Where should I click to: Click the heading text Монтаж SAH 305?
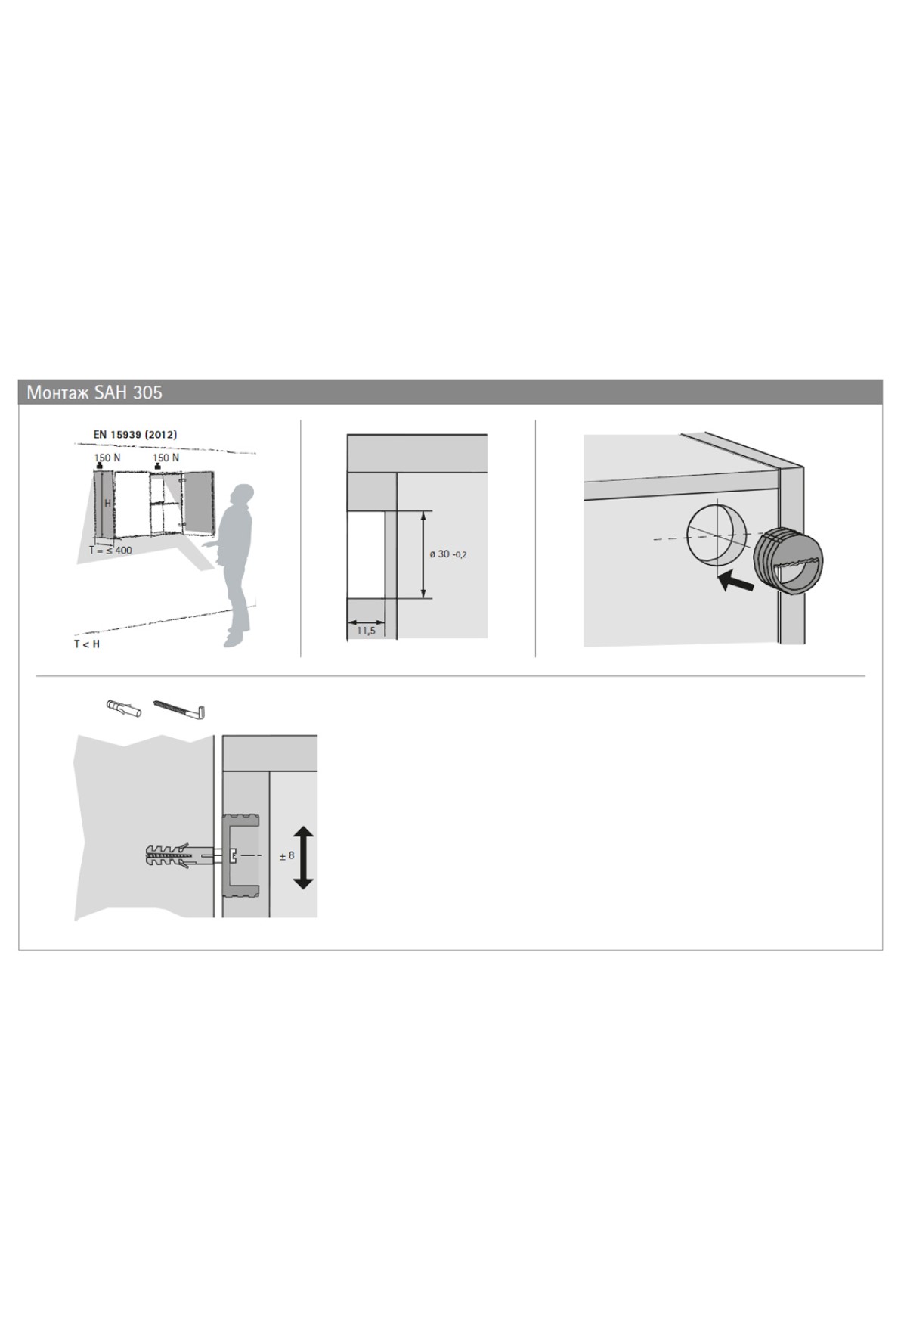click(x=94, y=392)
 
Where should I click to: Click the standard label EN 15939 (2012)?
click(x=135, y=435)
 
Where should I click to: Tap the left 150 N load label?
click(x=107, y=458)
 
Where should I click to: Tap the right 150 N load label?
click(x=166, y=458)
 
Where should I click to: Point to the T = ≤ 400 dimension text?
click(x=110, y=550)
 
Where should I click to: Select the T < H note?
click(x=86, y=644)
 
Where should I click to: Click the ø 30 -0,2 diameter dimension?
click(x=448, y=554)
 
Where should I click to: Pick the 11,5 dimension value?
click(x=365, y=630)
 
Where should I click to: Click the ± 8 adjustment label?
click(x=286, y=855)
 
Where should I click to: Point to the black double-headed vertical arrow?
click(x=303, y=857)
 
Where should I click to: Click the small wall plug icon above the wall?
click(x=125, y=709)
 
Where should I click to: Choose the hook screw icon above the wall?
click(x=180, y=709)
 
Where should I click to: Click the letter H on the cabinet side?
click(x=107, y=502)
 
